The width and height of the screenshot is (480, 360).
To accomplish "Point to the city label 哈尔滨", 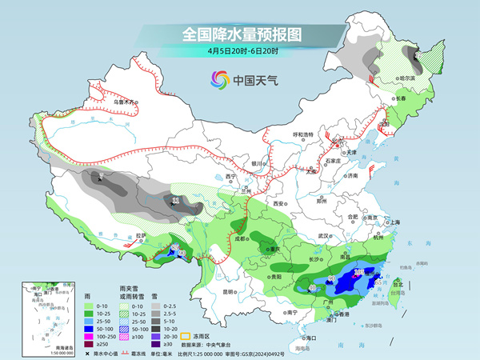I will (x=408, y=78).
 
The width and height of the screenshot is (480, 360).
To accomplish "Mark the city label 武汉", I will (x=323, y=236).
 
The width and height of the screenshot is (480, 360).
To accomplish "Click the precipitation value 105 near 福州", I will (x=358, y=272).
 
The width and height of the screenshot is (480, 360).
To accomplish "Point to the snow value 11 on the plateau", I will (x=176, y=199).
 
